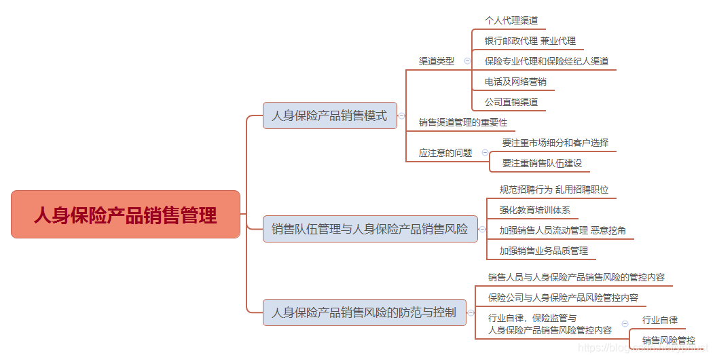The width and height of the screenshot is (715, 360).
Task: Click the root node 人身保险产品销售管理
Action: [x=126, y=215]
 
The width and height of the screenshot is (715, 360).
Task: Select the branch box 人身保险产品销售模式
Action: [x=329, y=115]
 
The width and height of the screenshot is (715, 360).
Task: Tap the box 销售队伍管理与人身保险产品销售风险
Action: [x=369, y=229]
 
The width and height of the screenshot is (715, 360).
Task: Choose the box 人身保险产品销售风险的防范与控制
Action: [x=364, y=312]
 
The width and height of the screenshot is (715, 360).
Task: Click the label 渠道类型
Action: [x=437, y=61]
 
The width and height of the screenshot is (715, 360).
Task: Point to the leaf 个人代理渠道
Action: [x=511, y=20]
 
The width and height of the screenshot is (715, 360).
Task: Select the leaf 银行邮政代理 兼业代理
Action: [x=530, y=41]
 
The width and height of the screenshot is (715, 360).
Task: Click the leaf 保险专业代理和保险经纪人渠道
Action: [x=547, y=61]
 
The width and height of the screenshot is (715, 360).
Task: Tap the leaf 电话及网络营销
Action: [x=515, y=82]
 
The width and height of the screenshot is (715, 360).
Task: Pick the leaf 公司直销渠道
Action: [x=511, y=102]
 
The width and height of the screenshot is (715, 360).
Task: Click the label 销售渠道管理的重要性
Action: [x=463, y=122]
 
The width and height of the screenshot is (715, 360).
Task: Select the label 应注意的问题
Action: [x=445, y=153]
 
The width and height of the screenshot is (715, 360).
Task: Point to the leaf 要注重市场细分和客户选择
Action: [x=555, y=143]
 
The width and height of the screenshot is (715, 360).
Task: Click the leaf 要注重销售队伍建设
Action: [x=542, y=163]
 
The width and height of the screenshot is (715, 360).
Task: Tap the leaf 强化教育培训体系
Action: [x=534, y=210]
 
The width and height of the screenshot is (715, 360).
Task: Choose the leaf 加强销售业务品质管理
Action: [x=543, y=251]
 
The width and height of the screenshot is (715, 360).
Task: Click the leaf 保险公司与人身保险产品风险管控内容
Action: [x=563, y=298]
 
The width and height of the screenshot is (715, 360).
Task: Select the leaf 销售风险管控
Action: [x=669, y=340]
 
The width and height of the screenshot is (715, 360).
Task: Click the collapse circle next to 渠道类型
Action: [x=467, y=60]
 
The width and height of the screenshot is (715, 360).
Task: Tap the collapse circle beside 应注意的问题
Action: [x=485, y=153]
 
